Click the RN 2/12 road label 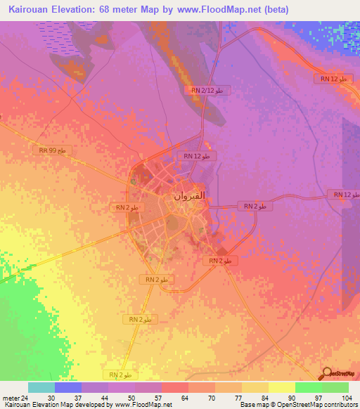tap(207, 91)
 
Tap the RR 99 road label tap(53, 150)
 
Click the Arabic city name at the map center tap(190, 197)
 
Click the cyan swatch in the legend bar tap(41, 387)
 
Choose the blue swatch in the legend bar tap(68, 387)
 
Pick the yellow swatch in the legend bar tap(281, 387)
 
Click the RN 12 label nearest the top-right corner tap(334, 79)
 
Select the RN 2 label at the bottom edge tap(121, 374)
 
